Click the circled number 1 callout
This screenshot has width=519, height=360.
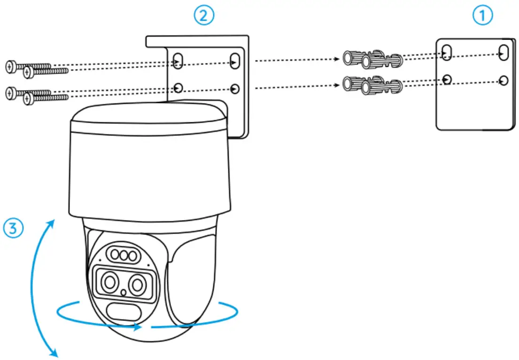(482, 16)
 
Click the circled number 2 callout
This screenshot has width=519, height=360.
(204, 16)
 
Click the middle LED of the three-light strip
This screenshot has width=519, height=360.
(124, 256)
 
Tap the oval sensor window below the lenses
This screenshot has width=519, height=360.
(122, 312)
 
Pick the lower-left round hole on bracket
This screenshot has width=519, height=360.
(178, 88)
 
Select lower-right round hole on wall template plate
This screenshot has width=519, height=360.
(504, 80)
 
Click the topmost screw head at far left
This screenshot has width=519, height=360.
(11, 66)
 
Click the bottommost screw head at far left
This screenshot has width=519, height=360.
(29, 99)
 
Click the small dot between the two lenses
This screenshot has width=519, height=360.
(124, 293)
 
